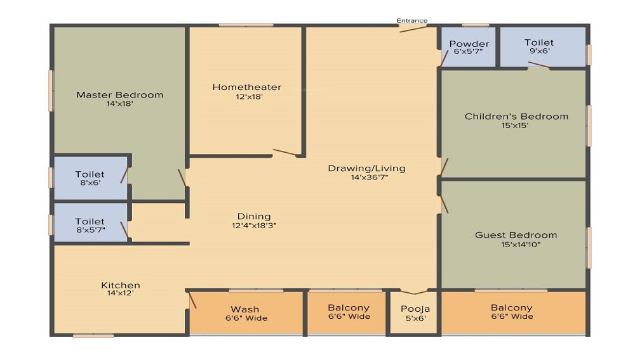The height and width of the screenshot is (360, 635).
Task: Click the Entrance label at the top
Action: click(412, 20)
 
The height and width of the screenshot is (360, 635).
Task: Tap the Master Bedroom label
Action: click(119, 95)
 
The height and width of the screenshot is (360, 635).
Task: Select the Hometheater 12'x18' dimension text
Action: click(246, 97)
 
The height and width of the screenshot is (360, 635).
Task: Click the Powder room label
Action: click(469, 44)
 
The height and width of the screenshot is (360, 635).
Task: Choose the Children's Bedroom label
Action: click(516, 116)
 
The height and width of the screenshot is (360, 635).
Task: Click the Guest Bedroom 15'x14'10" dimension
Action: click(516, 244)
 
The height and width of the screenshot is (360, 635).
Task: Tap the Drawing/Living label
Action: click(366, 168)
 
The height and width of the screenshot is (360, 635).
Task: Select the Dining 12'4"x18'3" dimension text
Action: click(254, 225)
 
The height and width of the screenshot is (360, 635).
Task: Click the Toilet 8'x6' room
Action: click(90, 178)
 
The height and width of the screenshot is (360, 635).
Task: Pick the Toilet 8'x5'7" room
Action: click(90, 226)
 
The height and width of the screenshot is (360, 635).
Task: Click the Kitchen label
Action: click(121, 285)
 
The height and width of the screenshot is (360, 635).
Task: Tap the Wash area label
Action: click(244, 309)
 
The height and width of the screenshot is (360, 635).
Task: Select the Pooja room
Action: click(413, 313)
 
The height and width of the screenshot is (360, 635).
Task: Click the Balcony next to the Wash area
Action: click(349, 312)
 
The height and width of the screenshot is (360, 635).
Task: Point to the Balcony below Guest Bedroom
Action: click(512, 312)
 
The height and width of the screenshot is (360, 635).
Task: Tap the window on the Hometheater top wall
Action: click(246, 25)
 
